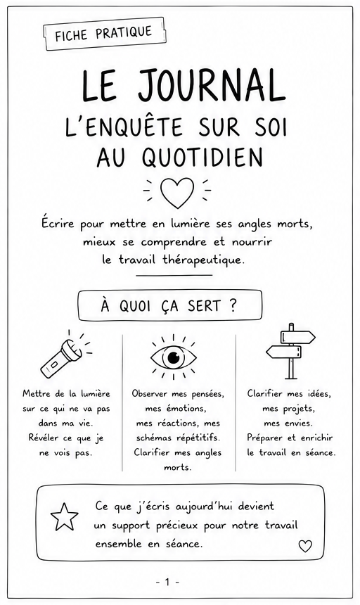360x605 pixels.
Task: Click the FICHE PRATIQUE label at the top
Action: pyautogui.click(x=103, y=34)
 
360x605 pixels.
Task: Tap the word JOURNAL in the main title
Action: pyautogui.click(x=212, y=86)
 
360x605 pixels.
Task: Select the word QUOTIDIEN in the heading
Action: pyautogui.click(x=202, y=158)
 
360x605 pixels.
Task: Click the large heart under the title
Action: pyautogui.click(x=177, y=193)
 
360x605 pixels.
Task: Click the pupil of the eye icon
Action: pyautogui.click(x=174, y=357)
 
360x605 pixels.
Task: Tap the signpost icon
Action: pyautogui.click(x=290, y=351)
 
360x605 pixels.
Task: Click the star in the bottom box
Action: pyautogui.click(x=65, y=517)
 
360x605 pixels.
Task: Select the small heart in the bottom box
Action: pyautogui.click(x=305, y=546)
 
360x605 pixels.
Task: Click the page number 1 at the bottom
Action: pyautogui.click(x=167, y=582)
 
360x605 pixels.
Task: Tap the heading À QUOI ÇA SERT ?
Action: pyautogui.click(x=169, y=305)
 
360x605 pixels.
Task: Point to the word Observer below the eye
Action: pyautogui.click(x=150, y=393)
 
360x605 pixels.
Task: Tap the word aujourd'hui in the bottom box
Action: pyautogui.click(x=204, y=507)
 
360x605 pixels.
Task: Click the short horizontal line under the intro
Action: pyautogui.click(x=174, y=276)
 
